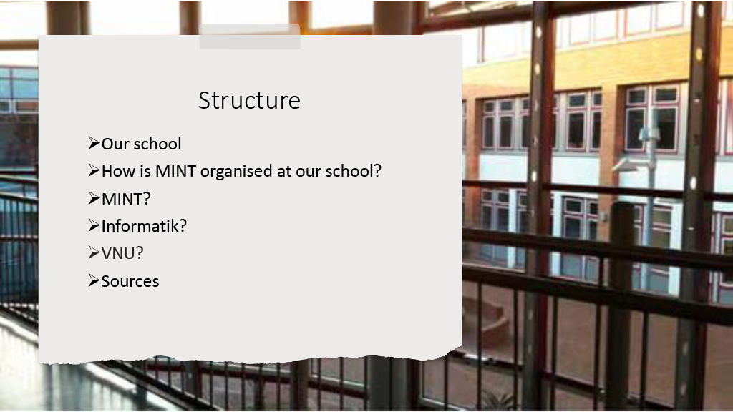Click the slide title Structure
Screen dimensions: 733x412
pos(249,100)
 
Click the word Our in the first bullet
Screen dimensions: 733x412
pos(115,144)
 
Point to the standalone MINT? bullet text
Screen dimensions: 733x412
pos(126,199)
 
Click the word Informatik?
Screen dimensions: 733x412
pos(144,226)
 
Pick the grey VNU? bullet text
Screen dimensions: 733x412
pos(122,253)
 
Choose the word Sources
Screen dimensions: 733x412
pos(130,281)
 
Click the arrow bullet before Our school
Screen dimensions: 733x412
pos(94,143)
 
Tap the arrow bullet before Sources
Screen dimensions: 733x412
pos(94,280)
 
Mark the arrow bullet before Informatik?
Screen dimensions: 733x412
pos(94,225)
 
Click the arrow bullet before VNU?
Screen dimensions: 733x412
pos(94,252)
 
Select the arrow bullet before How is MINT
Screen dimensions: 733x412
pos(94,170)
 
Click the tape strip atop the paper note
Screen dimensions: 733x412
pos(250,37)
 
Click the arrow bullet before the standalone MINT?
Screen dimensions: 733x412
pos(94,197)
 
